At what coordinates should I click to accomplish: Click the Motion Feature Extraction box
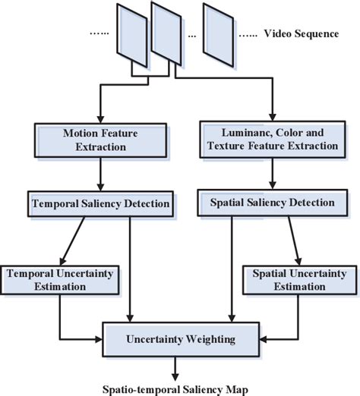click(100, 140)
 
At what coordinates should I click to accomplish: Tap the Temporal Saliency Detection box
click(100, 204)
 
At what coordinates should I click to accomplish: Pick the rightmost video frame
click(219, 36)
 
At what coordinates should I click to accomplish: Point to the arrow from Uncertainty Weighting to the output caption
click(175, 366)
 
